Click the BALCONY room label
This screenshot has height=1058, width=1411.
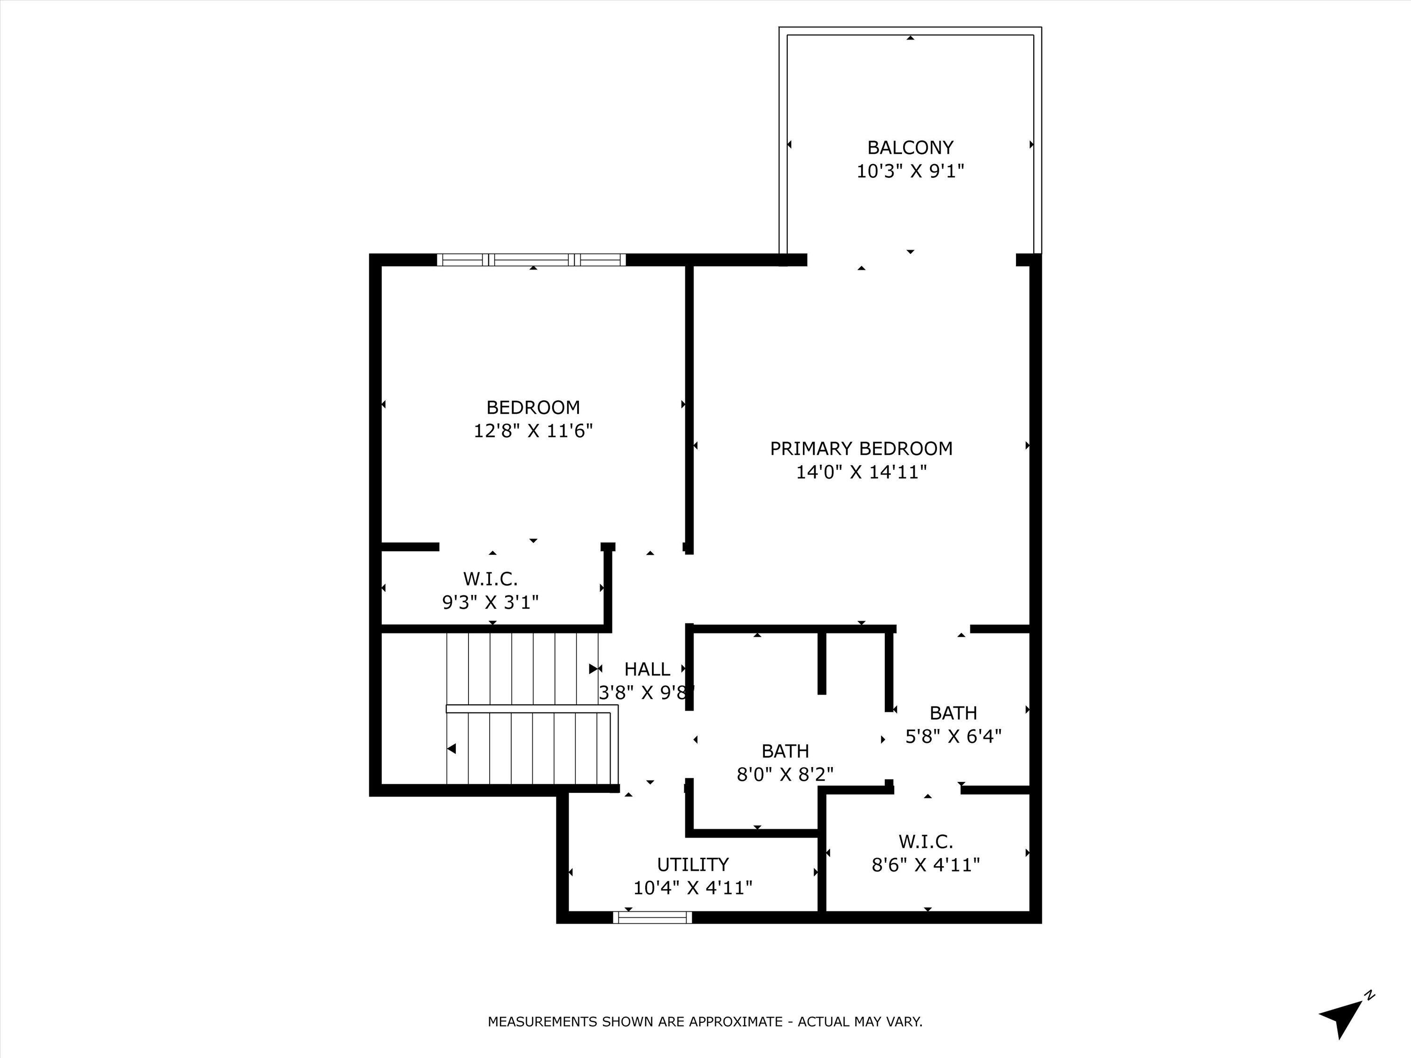[910, 147]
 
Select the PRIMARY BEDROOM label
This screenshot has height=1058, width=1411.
[861, 448]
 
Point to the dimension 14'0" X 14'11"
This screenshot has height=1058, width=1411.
[861, 473]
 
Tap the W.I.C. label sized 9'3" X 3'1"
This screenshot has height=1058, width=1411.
[490, 579]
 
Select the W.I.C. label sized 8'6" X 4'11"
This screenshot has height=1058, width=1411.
[926, 842]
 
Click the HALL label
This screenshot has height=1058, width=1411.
[647, 669]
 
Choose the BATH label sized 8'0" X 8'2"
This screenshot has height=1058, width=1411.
[785, 750]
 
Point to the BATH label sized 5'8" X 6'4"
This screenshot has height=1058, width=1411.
[953, 712]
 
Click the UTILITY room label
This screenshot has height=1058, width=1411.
[693, 864]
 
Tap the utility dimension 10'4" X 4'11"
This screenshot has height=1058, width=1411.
[693, 888]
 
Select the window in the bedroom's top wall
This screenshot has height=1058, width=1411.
[531, 260]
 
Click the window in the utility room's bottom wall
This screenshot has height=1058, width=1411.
[652, 917]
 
